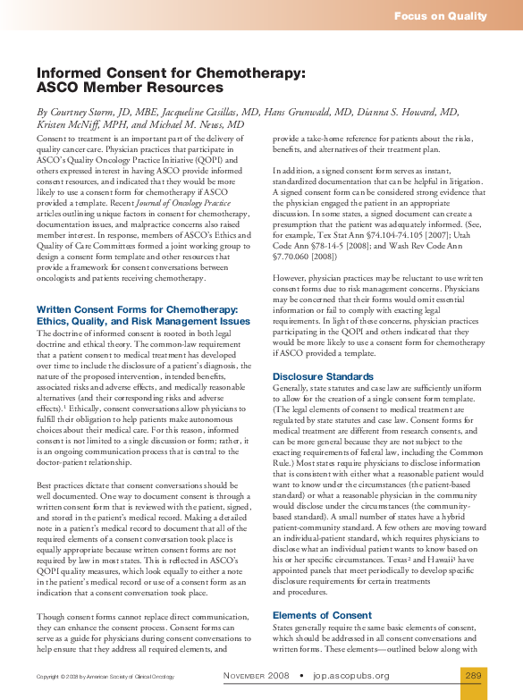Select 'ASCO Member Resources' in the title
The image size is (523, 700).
coord(130,89)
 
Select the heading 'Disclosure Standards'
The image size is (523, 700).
coord(323,377)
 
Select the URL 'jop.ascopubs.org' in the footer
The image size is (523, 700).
coord(351,675)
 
